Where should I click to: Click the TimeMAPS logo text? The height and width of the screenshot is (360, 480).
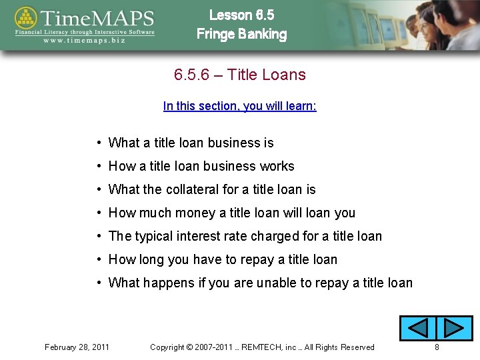point(97,17)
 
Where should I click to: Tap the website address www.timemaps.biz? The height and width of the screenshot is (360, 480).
point(85,40)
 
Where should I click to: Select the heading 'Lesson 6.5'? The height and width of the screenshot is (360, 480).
point(241,15)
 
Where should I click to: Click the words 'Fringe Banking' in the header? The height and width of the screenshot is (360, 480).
point(241,34)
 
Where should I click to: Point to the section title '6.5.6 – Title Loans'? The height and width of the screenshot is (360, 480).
point(239,75)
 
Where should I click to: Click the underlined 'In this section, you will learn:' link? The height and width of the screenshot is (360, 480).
point(239,106)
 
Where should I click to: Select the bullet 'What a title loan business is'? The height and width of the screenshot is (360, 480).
point(191,143)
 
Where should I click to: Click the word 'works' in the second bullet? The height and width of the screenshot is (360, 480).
point(277,166)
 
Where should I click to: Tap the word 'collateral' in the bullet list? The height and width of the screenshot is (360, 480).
point(192,189)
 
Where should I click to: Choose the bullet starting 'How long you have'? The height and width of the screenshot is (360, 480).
point(223,259)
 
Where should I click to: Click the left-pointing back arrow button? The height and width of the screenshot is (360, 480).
point(417,328)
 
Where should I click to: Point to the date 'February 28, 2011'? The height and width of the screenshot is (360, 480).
point(77,347)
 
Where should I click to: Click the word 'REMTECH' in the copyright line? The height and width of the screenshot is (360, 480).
point(262,347)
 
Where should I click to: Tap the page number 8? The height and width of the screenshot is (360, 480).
point(437,347)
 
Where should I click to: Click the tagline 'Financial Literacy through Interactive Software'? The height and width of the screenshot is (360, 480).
point(85,31)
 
